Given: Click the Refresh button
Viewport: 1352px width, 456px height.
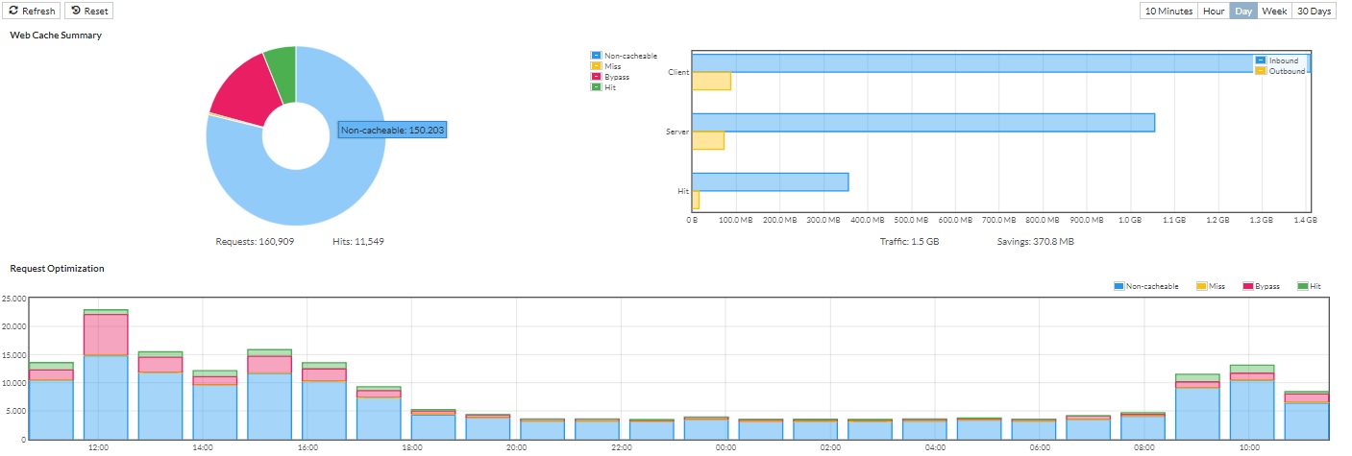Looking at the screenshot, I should point(34,11).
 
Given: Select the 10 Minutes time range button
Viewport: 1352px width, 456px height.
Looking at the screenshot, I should point(1168,11).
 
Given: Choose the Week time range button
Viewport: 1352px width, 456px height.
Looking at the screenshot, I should point(1274,11).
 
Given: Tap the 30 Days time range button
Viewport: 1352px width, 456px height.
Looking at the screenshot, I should point(1314,11).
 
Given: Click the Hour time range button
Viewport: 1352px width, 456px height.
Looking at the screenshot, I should point(1214,11).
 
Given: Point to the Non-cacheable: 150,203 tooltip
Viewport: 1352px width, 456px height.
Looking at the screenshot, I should point(393,130).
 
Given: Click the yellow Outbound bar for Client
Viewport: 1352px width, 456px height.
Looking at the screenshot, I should point(711,81).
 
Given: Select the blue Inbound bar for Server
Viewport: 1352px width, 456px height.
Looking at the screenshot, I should point(922,122).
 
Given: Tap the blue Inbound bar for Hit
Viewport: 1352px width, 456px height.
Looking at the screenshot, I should point(770,181).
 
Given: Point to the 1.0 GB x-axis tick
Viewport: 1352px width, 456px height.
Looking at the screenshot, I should point(1129,220).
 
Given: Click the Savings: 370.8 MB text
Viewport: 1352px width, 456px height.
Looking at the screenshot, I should point(1036,241).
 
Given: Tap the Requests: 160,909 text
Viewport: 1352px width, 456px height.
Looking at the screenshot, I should point(255,241).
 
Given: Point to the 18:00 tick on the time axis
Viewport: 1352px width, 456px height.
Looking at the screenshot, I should point(411,447).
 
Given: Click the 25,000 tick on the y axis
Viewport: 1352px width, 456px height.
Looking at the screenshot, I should point(13,299).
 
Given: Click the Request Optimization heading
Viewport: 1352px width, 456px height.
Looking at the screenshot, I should point(57,269).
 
